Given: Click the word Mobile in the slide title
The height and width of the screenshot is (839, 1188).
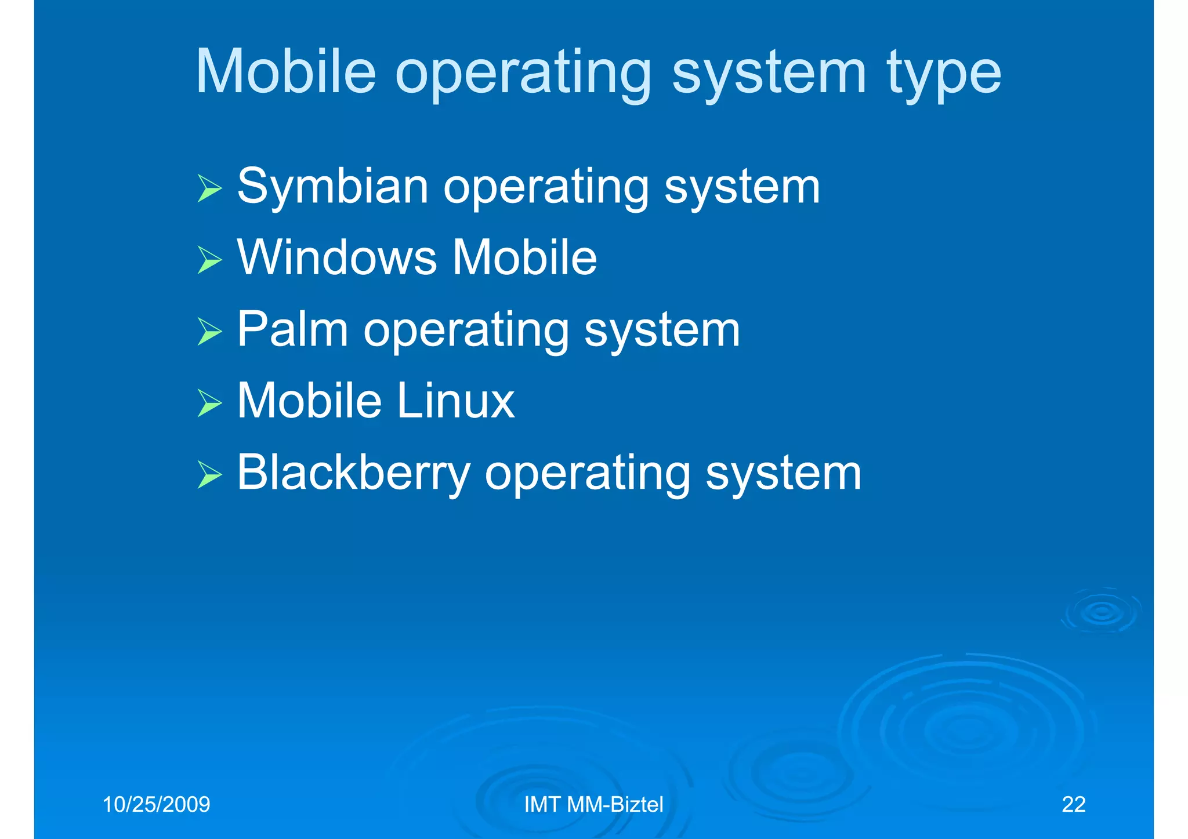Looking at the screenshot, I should (x=286, y=72).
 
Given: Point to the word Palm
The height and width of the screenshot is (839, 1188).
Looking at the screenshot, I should (x=292, y=329).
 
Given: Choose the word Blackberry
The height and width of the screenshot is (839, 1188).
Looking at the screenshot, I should (x=353, y=473).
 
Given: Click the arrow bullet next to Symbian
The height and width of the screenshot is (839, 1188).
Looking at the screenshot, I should (x=209, y=188).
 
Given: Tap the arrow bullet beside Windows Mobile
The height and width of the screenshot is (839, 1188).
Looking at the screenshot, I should (x=209, y=260).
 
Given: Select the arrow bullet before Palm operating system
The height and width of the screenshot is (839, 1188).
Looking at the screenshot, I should (x=209, y=332).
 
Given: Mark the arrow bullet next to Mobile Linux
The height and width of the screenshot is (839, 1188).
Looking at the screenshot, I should (x=209, y=403).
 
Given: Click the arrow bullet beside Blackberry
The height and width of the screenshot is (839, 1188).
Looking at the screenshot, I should (x=209, y=474).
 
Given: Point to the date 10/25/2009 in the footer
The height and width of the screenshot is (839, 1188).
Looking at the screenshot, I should (x=156, y=805).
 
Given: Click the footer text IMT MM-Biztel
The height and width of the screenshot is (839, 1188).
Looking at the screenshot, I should (x=593, y=805).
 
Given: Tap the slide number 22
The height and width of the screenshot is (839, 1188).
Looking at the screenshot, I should (x=1073, y=805).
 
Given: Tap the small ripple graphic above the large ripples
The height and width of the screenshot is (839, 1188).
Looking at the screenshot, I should (x=1100, y=612).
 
